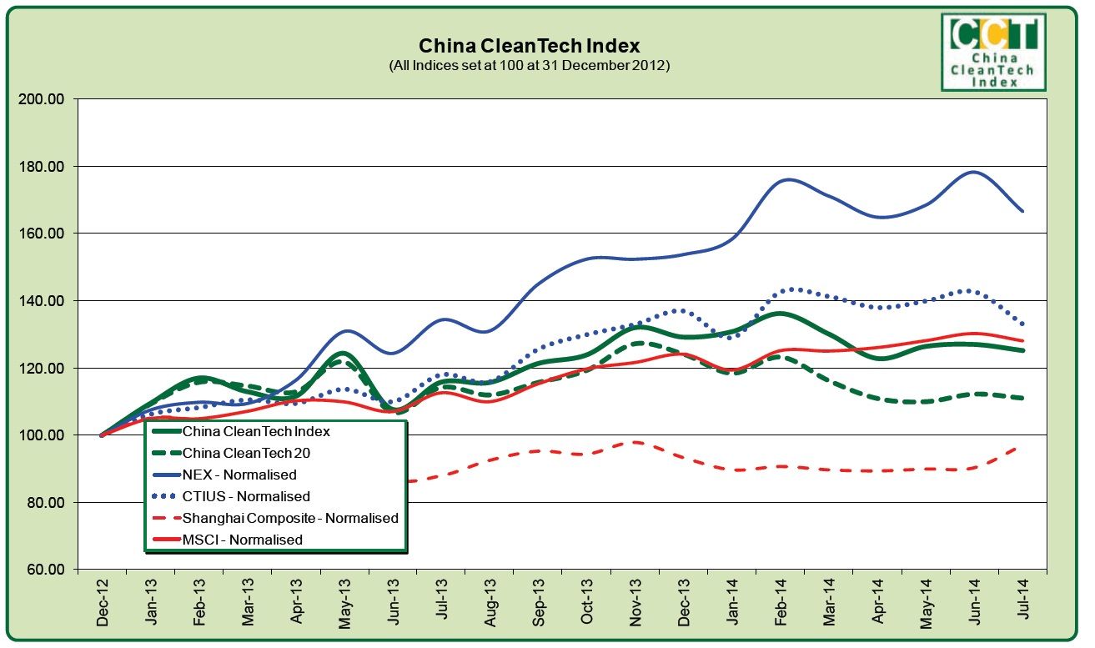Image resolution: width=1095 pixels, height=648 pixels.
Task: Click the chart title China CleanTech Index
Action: [529, 45]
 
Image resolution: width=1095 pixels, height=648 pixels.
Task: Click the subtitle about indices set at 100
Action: [529, 65]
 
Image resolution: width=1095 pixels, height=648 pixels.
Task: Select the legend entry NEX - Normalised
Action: [239, 475]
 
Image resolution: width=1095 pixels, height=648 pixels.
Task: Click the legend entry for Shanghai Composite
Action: [289, 519]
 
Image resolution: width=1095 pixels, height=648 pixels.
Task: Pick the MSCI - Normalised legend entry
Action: [242, 540]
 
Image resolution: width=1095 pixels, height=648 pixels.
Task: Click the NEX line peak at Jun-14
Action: [973, 172]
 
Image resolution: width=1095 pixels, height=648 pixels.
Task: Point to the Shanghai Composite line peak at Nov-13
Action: [635, 442]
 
